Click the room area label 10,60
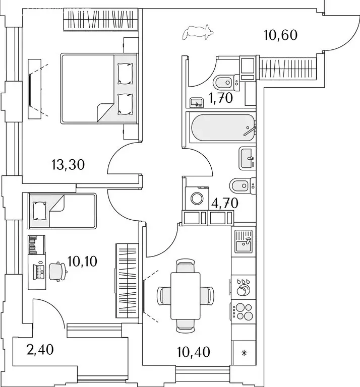coord(281,35)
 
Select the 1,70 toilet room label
coord(221,98)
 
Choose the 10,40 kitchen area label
coord(194,350)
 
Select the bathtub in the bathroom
coord(220,128)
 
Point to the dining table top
coord(185,295)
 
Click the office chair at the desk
coord(59,271)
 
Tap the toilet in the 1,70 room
coord(223,82)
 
